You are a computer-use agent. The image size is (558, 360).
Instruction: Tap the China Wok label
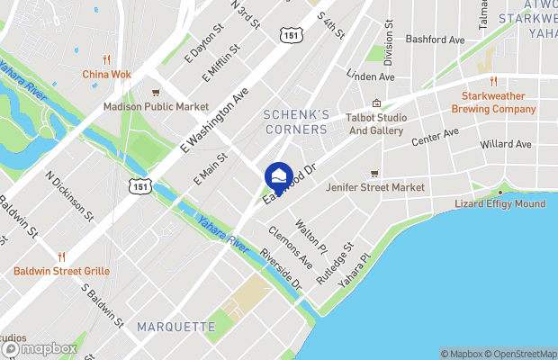pyautogui.click(x=106, y=75)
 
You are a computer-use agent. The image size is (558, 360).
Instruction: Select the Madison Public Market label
pyautogui.click(x=155, y=106)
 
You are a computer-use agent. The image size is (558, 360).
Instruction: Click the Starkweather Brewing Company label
pyautogui.click(x=499, y=103)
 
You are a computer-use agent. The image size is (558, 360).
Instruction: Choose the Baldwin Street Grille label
pyautogui.click(x=61, y=270)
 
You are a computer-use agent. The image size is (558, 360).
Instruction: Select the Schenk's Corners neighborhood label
pyautogui.click(x=295, y=121)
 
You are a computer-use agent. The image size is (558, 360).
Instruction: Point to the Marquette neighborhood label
pyautogui.click(x=176, y=326)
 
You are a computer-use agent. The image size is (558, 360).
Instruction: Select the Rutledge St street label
pyautogui.click(x=336, y=263)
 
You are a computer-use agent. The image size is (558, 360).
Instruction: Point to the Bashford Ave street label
pyautogui.click(x=435, y=40)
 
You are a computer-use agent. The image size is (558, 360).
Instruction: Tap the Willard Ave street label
pyautogui.click(x=506, y=144)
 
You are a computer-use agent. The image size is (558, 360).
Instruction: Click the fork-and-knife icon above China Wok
pyautogui.click(x=106, y=59)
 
